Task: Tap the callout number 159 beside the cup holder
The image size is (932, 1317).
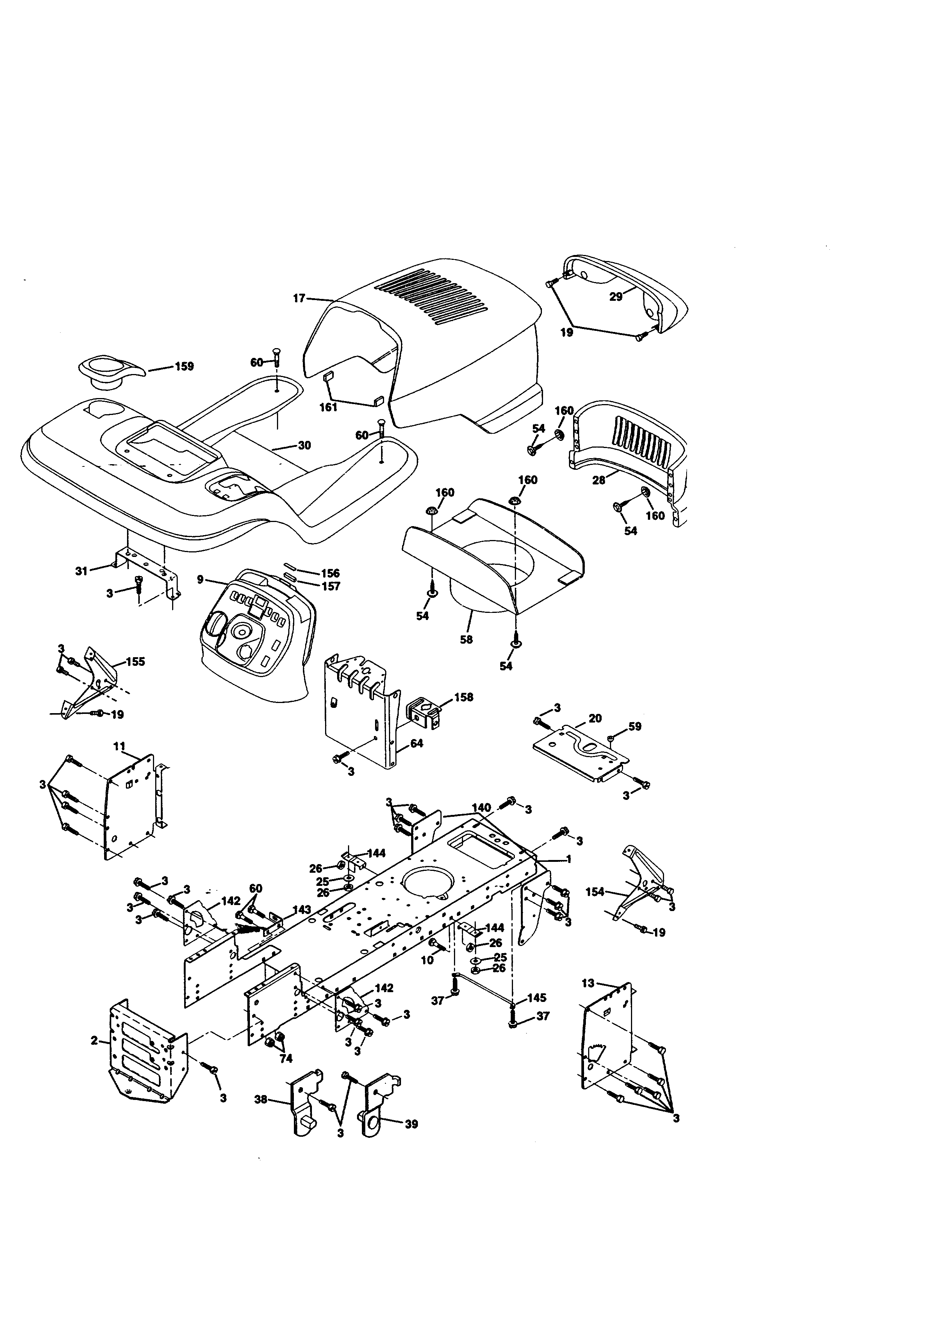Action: (184, 367)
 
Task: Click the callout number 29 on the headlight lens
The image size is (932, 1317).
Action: (616, 297)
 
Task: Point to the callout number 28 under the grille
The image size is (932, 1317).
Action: (599, 481)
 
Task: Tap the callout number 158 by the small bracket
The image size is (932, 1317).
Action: (464, 697)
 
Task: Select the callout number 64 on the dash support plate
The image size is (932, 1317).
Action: (417, 744)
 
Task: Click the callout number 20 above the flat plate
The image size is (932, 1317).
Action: (595, 719)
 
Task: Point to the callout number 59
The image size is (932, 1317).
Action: (635, 727)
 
